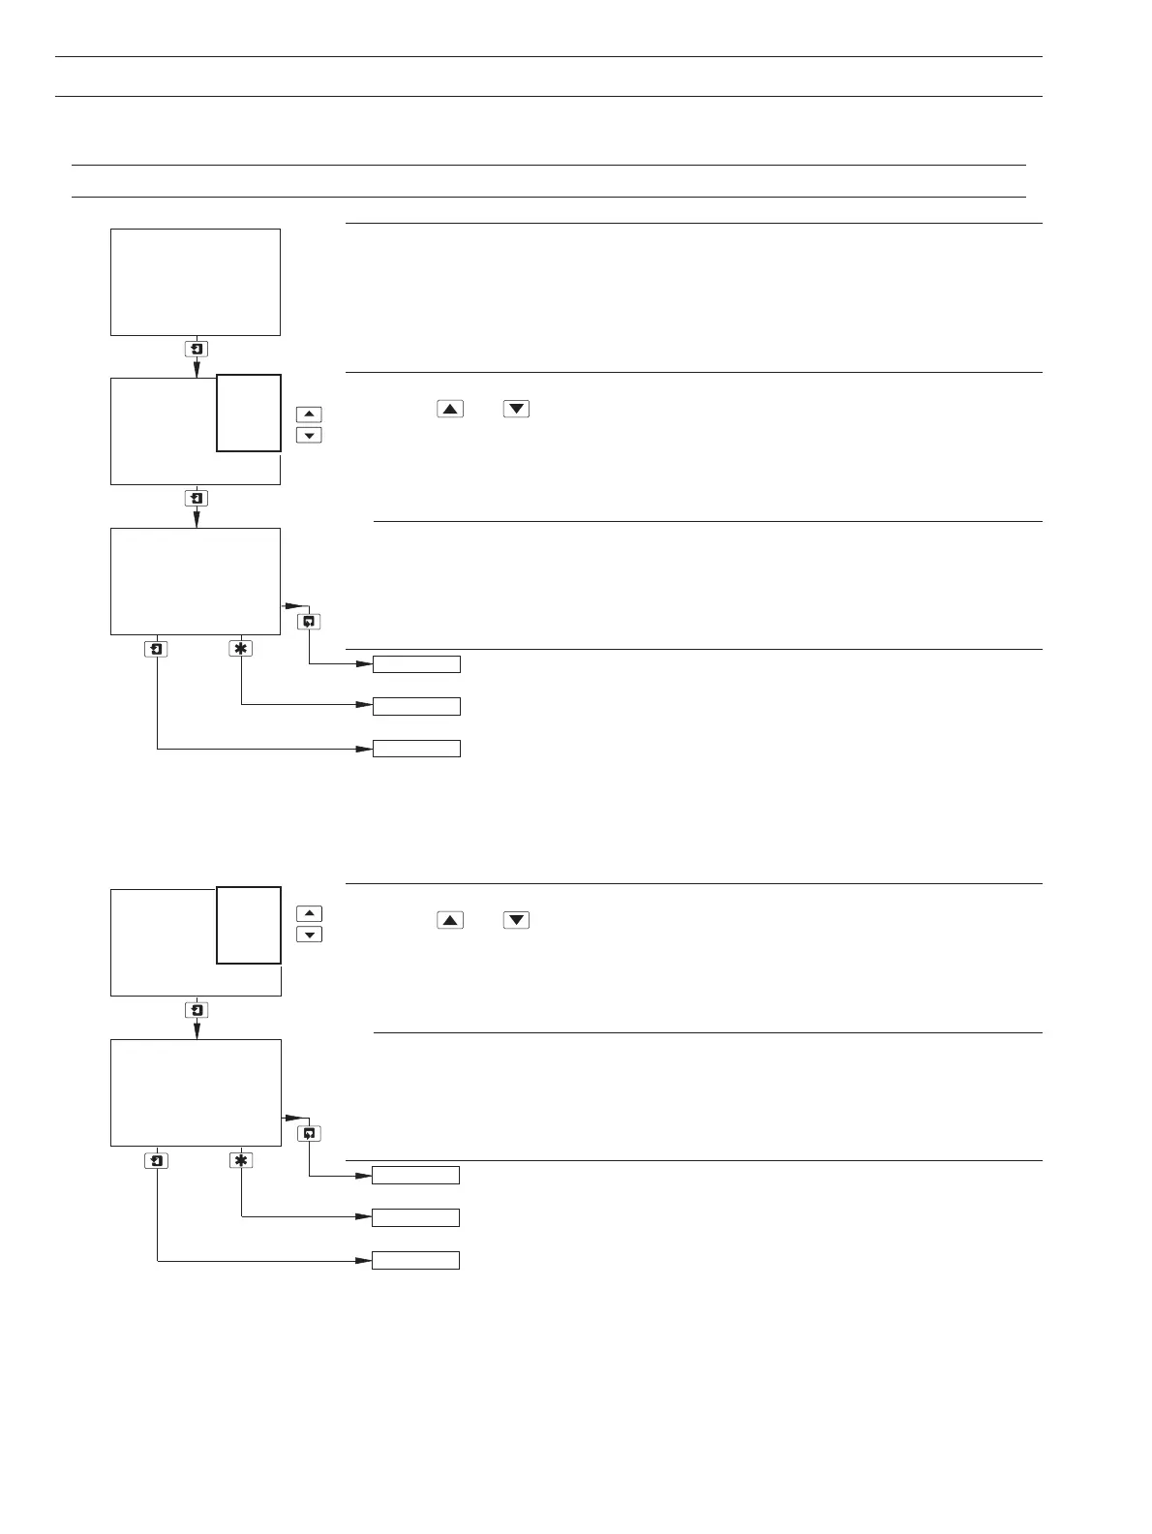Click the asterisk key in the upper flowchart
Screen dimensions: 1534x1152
[241, 649]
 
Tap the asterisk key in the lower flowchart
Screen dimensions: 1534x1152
[241, 1160]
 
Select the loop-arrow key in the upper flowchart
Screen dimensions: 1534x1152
[309, 622]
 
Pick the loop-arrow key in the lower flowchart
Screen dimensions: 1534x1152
[309, 1133]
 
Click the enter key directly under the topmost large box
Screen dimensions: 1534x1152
[197, 350]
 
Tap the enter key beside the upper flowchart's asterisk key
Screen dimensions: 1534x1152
[157, 649]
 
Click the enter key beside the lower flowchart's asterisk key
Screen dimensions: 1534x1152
[157, 1160]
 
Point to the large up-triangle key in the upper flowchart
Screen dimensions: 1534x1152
[450, 409]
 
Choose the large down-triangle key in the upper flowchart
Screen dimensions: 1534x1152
[517, 409]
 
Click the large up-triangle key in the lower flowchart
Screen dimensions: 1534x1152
[450, 920]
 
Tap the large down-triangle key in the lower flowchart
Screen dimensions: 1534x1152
[517, 920]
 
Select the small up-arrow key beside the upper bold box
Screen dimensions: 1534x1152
[309, 414]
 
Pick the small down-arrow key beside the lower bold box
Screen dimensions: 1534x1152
[309, 935]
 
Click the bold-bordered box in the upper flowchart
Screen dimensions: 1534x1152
[249, 413]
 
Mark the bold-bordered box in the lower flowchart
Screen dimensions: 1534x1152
[249, 925]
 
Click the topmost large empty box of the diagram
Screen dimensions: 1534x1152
[196, 283]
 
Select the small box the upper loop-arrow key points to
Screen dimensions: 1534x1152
[417, 664]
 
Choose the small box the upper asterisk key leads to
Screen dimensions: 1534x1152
[417, 706]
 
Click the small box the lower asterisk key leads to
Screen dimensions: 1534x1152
[416, 1217]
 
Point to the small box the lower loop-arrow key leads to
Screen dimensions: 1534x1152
[416, 1176]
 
